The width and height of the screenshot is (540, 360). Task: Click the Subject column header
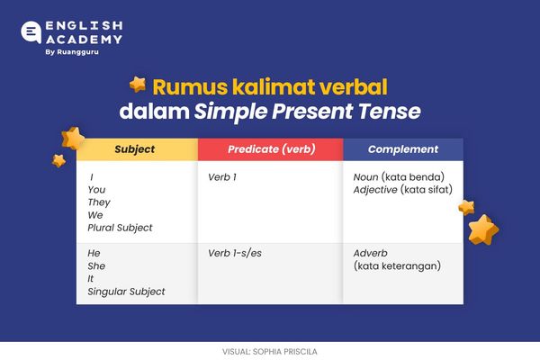click(x=134, y=149)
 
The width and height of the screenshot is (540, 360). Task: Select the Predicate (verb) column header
click(x=270, y=149)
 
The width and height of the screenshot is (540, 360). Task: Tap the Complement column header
click(x=403, y=149)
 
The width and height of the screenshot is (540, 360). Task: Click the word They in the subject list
click(x=98, y=202)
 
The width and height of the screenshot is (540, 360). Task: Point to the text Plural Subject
click(x=120, y=228)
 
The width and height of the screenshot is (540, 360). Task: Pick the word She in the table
click(x=96, y=266)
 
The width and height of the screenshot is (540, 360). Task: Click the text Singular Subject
click(x=126, y=292)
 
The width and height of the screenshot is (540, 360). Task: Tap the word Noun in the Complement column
click(x=367, y=177)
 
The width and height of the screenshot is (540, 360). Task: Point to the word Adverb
click(x=372, y=254)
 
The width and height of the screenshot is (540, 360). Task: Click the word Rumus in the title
click(x=185, y=87)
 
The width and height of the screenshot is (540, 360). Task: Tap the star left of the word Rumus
click(x=138, y=85)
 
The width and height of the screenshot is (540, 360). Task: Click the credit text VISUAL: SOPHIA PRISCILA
click(x=269, y=350)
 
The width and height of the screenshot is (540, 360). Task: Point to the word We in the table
click(x=95, y=215)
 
